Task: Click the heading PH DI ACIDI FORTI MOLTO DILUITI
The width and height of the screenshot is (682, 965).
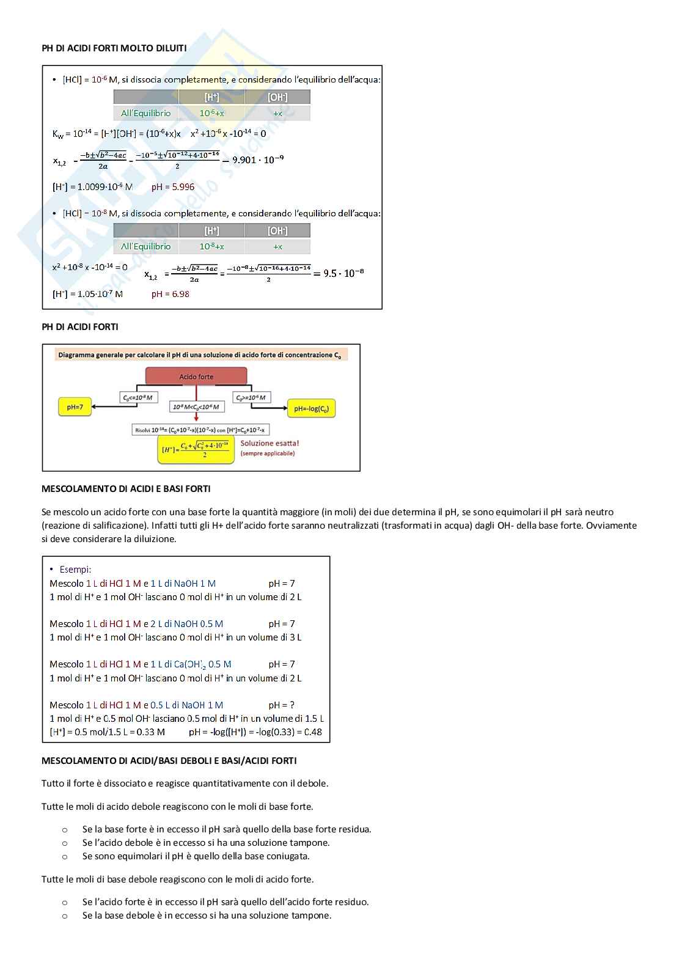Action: point(114,48)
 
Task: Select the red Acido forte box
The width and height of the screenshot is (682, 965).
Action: point(196,376)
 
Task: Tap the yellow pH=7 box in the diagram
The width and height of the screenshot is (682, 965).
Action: point(75,407)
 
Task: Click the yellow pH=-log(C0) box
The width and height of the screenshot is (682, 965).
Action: point(311,408)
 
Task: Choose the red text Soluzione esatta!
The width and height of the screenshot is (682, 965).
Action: point(269,443)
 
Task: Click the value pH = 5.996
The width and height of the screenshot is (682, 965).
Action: point(173,187)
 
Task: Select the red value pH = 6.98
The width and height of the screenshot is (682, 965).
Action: point(170,294)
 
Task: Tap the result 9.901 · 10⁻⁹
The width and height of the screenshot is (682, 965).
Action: point(258,160)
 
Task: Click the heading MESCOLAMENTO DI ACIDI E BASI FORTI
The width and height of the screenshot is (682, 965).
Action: point(126,489)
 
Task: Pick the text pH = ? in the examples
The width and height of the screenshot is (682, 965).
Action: point(282,705)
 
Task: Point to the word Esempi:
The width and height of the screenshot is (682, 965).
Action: point(75,570)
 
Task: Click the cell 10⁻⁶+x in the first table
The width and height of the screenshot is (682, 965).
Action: point(211,113)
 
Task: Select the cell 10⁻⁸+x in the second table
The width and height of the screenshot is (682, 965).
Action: point(211,246)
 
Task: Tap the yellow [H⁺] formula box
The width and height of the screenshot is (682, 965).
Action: point(196,450)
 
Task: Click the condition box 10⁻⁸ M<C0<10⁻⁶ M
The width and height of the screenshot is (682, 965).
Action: point(196,406)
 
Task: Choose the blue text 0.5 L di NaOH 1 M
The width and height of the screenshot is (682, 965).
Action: point(186,705)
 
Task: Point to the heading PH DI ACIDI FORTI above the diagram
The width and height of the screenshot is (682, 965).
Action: point(80,327)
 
